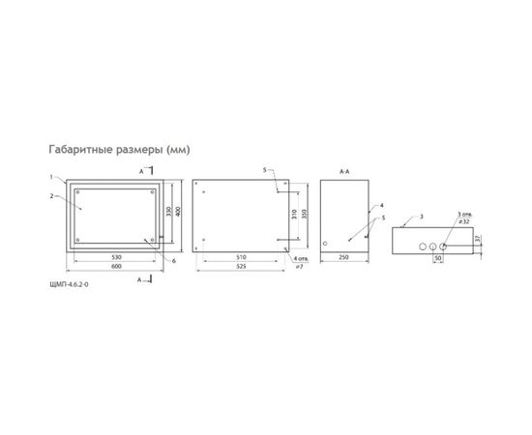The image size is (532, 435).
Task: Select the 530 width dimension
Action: (115, 258)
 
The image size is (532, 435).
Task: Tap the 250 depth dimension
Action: (343, 258)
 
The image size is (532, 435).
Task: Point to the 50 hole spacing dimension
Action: (437, 260)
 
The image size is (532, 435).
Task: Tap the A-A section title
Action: (343, 171)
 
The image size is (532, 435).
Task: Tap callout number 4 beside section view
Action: (382, 206)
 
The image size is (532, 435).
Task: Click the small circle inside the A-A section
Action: (326, 243)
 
